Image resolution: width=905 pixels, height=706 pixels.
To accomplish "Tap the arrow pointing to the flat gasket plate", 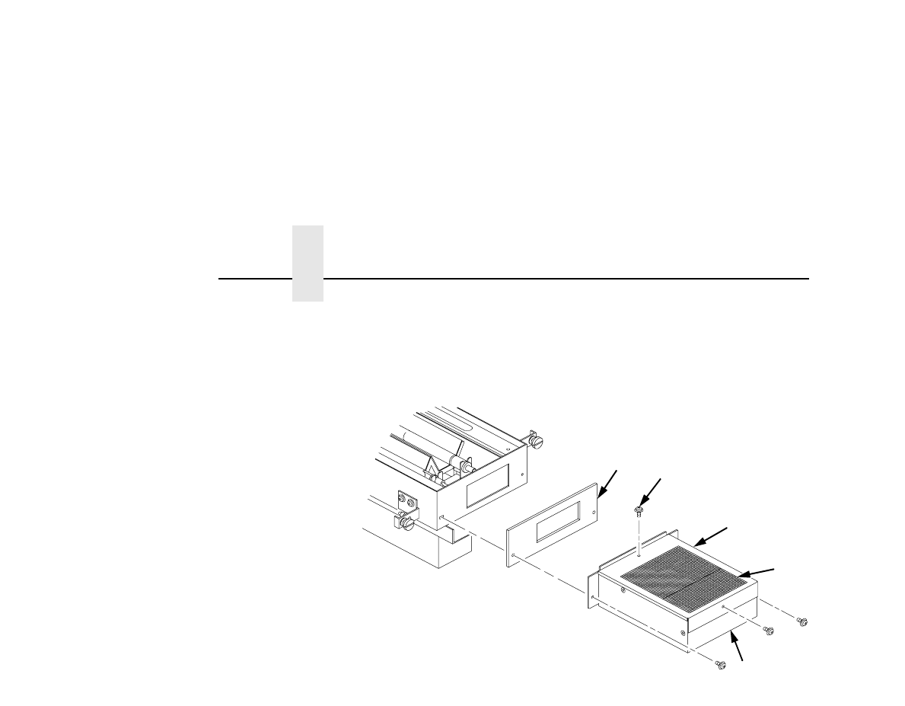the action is pyautogui.click(x=609, y=483).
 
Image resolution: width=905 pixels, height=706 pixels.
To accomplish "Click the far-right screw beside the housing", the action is pyautogui.click(x=801, y=622).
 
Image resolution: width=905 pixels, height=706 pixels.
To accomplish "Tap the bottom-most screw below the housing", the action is pyautogui.click(x=720, y=665).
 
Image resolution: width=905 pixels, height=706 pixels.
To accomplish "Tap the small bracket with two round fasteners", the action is pyautogui.click(x=407, y=503).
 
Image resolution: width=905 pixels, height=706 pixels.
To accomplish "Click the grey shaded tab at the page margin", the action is pyautogui.click(x=308, y=263).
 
